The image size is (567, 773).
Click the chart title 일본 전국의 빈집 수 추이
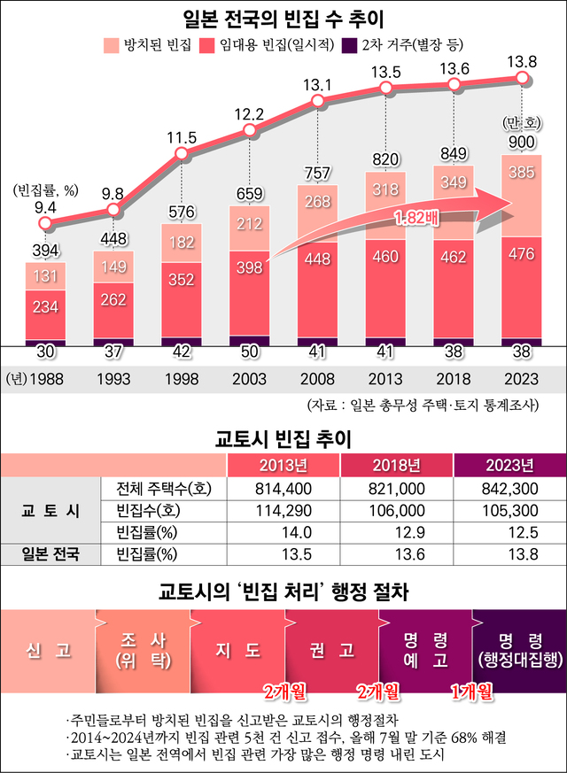pos(283,17)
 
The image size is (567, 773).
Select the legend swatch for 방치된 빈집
pos(111,43)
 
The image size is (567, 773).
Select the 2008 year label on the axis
pos(317,378)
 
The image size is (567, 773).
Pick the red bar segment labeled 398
pos(249,267)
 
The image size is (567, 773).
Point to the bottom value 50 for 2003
pos(249,352)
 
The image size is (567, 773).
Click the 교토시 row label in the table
pos(50,510)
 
